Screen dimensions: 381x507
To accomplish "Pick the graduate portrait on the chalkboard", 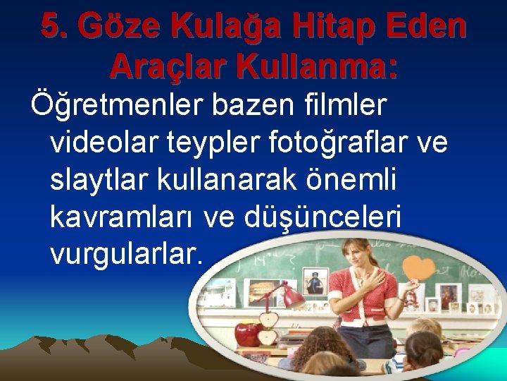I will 315,282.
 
